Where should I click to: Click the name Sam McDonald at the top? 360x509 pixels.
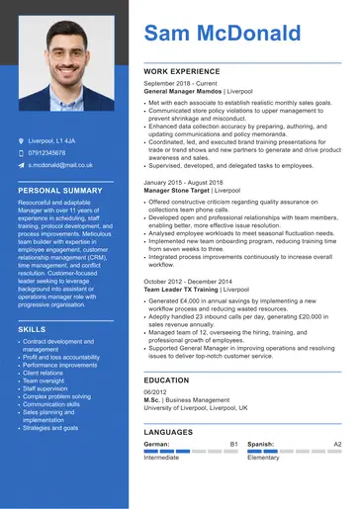click(223, 35)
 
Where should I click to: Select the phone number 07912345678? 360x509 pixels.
click(47, 153)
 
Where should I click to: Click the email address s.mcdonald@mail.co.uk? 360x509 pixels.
click(60, 165)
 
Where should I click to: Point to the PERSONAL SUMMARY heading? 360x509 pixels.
click(60, 190)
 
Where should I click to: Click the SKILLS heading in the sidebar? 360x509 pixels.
click(32, 328)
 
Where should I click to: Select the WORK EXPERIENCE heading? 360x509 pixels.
click(182, 72)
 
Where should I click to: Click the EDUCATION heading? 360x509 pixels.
click(166, 380)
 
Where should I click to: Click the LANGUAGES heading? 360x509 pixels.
click(168, 433)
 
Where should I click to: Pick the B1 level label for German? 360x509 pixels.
click(234, 445)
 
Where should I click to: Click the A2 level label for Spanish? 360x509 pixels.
click(337, 445)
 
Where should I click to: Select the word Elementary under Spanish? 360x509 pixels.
click(263, 458)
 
